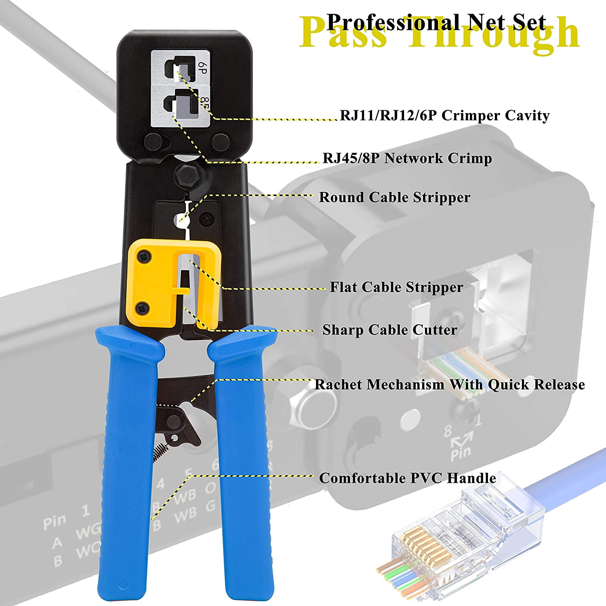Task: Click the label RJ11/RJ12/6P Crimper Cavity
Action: point(444,116)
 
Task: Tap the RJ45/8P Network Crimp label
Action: point(407,158)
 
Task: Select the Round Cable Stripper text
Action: point(395,197)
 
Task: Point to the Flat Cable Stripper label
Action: point(396,287)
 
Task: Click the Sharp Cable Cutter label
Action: point(390,330)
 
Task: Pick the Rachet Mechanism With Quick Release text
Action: point(450,384)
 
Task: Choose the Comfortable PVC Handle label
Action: point(408,478)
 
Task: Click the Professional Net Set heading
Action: point(436,22)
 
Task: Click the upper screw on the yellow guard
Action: point(143,256)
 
